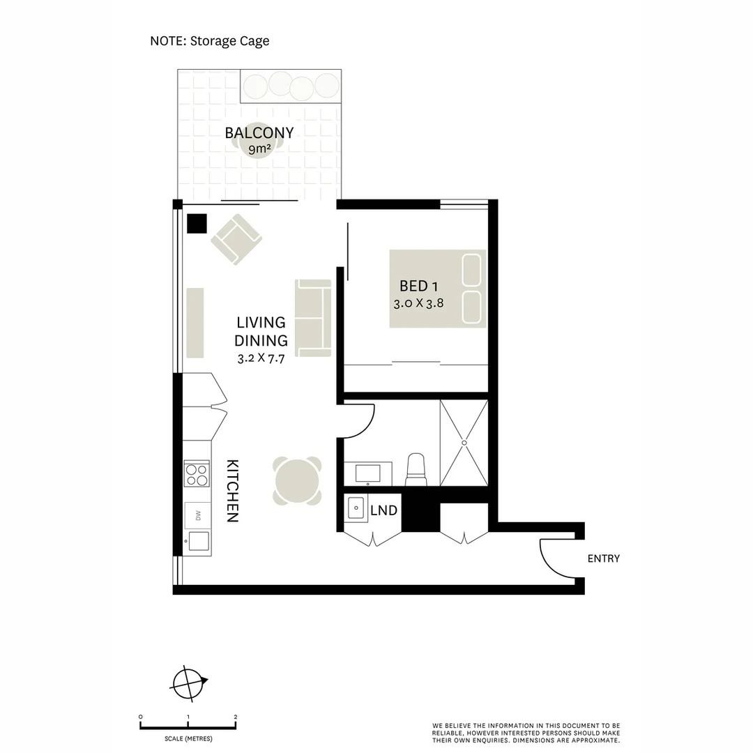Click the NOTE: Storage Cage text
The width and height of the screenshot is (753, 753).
(x=210, y=41)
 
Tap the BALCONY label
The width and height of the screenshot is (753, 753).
(x=259, y=132)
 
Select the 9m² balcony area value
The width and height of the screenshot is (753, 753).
(x=259, y=149)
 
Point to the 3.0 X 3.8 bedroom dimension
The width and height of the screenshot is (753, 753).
(x=418, y=303)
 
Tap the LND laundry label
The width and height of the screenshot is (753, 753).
(x=383, y=511)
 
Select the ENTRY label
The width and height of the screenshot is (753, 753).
(x=603, y=558)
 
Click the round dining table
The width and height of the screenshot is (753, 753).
(x=298, y=480)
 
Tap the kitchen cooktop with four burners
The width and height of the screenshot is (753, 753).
(x=197, y=474)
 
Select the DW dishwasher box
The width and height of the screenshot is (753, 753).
(x=197, y=516)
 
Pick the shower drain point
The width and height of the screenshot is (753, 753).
(x=464, y=442)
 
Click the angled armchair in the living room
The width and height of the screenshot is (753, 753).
(x=236, y=238)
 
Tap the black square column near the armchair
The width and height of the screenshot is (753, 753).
(x=197, y=223)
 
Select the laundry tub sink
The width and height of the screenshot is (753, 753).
(x=356, y=508)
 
